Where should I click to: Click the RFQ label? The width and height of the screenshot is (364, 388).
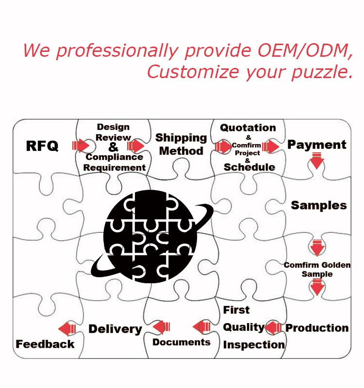click(x=42, y=145)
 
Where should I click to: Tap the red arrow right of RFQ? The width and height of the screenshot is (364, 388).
click(x=81, y=145)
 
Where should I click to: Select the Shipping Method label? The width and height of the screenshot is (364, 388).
click(x=181, y=145)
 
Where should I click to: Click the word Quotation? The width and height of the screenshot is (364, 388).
click(x=248, y=128)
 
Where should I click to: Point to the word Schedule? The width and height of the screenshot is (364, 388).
click(x=249, y=167)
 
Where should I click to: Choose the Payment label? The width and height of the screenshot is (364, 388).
click(x=316, y=145)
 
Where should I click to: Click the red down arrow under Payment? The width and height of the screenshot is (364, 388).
click(x=317, y=161)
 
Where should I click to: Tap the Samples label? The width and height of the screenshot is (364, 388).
click(x=319, y=205)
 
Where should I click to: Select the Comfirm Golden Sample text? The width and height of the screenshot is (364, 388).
click(x=317, y=270)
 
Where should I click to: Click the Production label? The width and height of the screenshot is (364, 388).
click(x=316, y=328)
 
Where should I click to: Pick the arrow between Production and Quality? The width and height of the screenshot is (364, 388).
click(x=273, y=327)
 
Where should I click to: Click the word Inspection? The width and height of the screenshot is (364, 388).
click(x=254, y=345)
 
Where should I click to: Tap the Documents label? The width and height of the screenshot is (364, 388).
click(x=182, y=342)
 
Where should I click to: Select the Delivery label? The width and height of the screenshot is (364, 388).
click(x=115, y=329)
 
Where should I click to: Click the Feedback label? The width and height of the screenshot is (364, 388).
click(x=45, y=344)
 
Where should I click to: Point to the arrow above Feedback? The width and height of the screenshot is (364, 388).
click(x=67, y=329)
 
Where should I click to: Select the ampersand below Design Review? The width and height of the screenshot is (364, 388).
click(x=113, y=147)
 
